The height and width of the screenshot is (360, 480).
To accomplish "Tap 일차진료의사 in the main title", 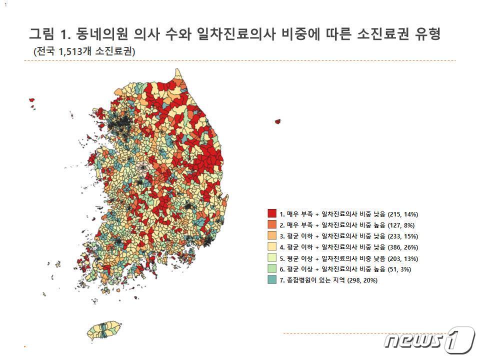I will pyautogui.click(x=238, y=34).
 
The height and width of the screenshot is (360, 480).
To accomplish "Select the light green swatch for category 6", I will pyautogui.click(x=272, y=269).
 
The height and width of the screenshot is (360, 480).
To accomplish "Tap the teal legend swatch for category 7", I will pyautogui.click(x=272, y=280).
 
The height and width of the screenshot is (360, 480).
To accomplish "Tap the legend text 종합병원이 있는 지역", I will pyautogui.click(x=312, y=280).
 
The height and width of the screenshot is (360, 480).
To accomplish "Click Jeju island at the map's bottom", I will pyautogui.click(x=105, y=331).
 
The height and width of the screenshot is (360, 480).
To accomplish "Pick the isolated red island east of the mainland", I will pyautogui.click(x=278, y=121).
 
